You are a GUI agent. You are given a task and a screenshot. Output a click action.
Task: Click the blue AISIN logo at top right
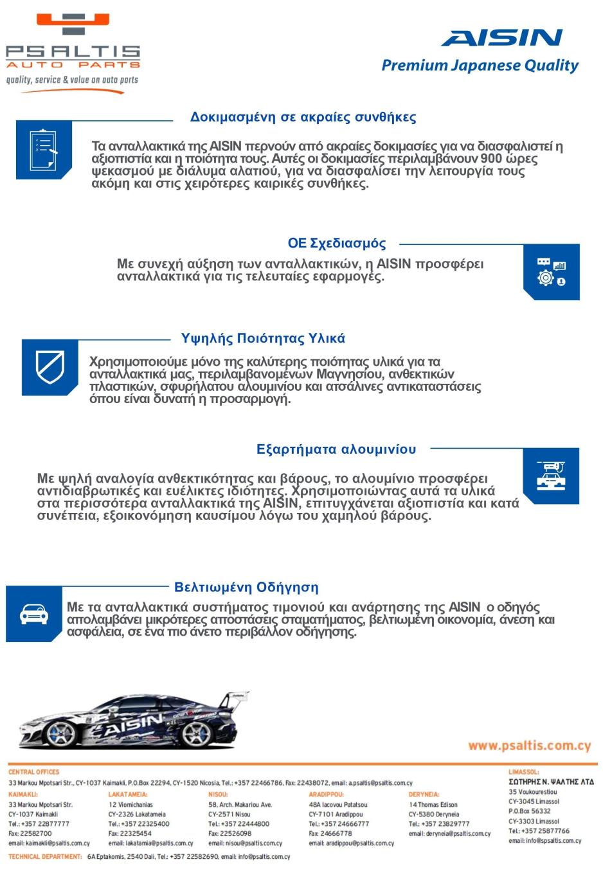502,38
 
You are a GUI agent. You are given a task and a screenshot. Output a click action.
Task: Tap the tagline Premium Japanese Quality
480,66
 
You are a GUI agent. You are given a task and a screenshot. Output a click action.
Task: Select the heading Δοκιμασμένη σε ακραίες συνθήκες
303,118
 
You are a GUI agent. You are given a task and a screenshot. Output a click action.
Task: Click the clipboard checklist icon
44,150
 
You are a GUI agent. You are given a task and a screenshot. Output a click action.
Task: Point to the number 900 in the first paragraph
491,159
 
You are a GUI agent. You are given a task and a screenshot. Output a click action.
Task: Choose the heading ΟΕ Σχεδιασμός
336,244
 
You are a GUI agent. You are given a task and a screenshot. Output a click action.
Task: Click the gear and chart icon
552,272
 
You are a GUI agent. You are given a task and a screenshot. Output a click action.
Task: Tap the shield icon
50,367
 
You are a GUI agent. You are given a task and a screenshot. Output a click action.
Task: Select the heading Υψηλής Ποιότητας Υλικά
263,339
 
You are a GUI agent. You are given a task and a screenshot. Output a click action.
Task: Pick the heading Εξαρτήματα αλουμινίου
336,449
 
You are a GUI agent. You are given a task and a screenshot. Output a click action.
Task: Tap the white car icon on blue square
34,614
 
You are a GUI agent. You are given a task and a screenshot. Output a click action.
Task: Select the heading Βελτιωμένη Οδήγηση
246,588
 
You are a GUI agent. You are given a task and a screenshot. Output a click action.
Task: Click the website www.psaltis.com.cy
529,746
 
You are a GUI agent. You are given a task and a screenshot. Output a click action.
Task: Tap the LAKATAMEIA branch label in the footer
128,795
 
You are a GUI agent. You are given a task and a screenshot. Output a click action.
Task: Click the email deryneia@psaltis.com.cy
449,834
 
